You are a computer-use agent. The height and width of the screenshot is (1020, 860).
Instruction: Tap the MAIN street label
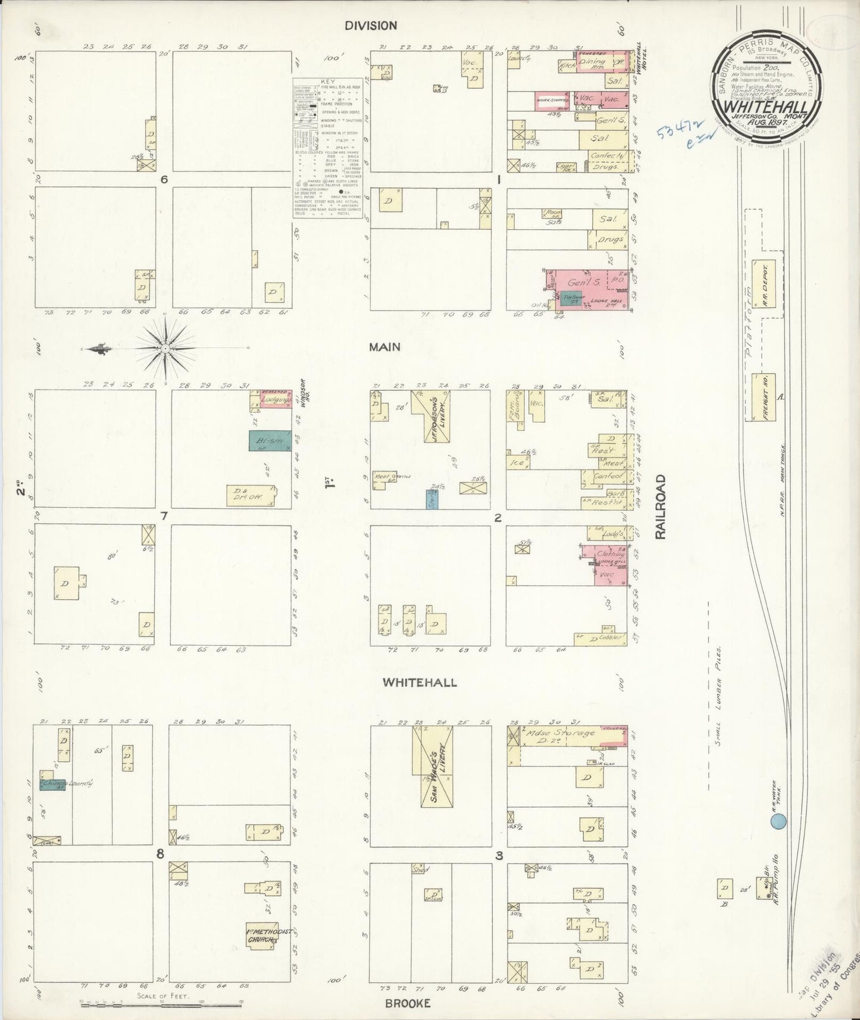pos(384,346)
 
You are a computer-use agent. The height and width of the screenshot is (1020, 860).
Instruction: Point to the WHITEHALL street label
pos(420,682)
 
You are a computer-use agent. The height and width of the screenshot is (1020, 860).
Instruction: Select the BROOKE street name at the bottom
pos(407,1003)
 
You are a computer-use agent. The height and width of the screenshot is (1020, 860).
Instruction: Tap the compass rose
pos(165,348)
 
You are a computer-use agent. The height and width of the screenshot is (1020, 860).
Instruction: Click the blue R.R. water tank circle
pos(778,822)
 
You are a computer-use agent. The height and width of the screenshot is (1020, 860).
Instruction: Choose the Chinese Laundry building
pos(57,784)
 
